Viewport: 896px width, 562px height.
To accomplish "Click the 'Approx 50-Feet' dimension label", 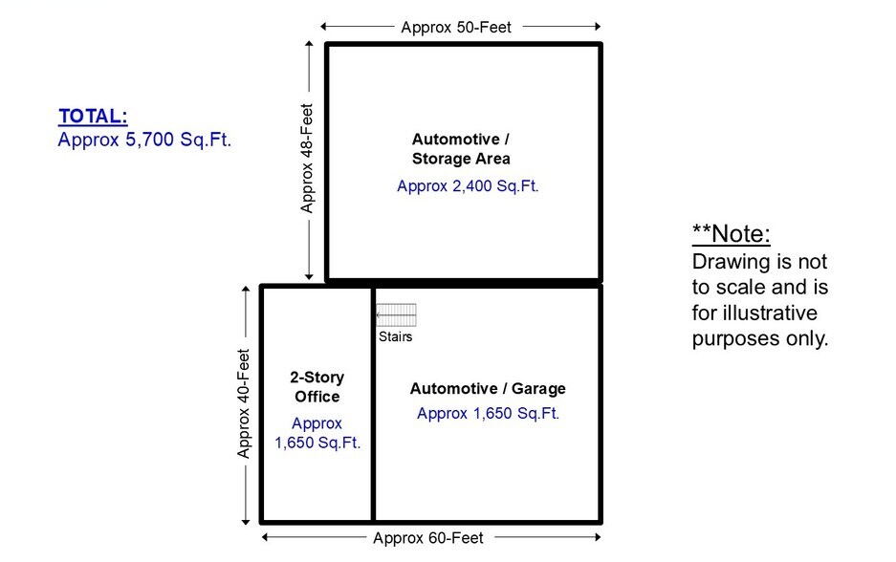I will click(456, 27).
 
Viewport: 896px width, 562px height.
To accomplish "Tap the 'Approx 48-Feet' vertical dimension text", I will click(307, 158).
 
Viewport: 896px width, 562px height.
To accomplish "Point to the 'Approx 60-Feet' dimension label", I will click(428, 537).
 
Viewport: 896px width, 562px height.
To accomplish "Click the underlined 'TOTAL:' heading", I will click(93, 117).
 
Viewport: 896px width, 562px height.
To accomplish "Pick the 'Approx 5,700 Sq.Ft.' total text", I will click(144, 140).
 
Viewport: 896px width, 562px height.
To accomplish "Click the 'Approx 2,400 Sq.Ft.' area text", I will click(468, 186).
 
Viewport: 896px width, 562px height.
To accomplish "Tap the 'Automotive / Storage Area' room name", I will click(461, 148).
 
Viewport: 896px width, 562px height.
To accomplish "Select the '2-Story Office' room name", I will click(317, 387).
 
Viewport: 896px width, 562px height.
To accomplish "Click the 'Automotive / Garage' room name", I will click(488, 389).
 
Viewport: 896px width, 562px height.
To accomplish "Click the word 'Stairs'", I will click(396, 336).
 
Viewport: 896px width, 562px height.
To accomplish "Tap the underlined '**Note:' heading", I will click(731, 234).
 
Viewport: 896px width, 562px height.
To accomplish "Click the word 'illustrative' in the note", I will click(754, 313).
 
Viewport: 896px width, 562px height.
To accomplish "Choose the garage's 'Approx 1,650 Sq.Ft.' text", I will click(488, 414).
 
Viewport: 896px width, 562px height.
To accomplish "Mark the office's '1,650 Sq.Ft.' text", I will click(317, 443).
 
